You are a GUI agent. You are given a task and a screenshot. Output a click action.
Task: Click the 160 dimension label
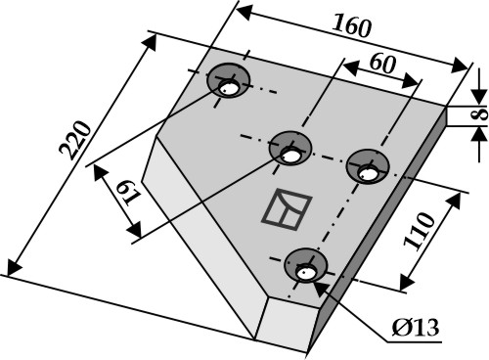[x=352, y=26]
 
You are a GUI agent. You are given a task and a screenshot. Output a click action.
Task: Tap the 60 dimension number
[x=382, y=64]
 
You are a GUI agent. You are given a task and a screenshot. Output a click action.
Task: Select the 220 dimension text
[x=75, y=140]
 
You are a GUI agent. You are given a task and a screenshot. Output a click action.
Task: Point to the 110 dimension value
[x=420, y=232]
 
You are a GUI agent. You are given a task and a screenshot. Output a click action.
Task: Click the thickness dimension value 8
[x=480, y=114]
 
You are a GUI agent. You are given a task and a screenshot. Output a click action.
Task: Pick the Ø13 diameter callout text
[x=416, y=328]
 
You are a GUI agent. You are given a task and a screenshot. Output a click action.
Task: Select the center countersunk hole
[x=290, y=148]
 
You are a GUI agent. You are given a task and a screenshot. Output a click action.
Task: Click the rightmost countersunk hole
[x=368, y=166]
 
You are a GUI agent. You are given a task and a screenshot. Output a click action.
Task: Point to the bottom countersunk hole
[x=305, y=265]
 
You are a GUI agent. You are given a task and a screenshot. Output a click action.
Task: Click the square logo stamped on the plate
[x=287, y=209]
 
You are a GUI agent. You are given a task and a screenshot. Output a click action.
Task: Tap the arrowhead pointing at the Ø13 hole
[x=320, y=289]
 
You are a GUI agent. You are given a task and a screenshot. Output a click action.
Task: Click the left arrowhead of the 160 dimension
[x=243, y=12]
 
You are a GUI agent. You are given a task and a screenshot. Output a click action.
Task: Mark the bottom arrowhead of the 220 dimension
[x=13, y=267]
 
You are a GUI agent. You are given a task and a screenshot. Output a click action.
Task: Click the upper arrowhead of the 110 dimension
[x=457, y=200]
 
